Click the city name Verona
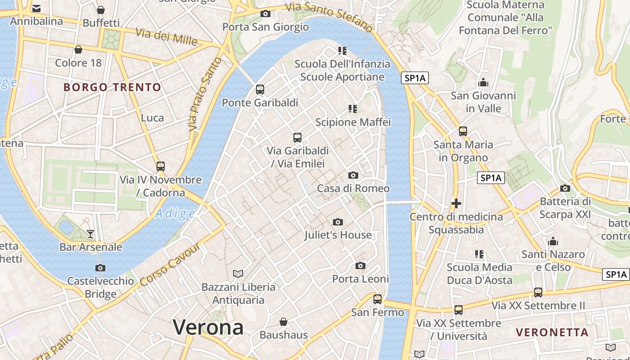tap(208, 327)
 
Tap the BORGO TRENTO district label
tap(112, 87)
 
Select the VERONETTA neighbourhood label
tap(552, 333)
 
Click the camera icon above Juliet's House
tap(338, 222)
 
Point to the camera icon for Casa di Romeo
tap(353, 175)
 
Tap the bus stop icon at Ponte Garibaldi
tap(260, 89)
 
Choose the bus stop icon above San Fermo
tap(378, 299)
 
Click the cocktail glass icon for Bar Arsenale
tap(90, 234)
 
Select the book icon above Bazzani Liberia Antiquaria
tap(238, 274)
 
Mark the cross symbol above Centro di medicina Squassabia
tap(456, 203)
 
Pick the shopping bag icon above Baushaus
tap(283, 322)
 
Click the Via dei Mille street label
tap(166, 37)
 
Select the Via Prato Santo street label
tap(205, 94)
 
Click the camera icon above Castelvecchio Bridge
tap(100, 268)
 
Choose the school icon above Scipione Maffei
tap(353, 108)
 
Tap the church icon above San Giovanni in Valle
tap(483, 82)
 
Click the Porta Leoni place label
tap(360, 279)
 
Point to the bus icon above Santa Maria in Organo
tap(463, 131)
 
